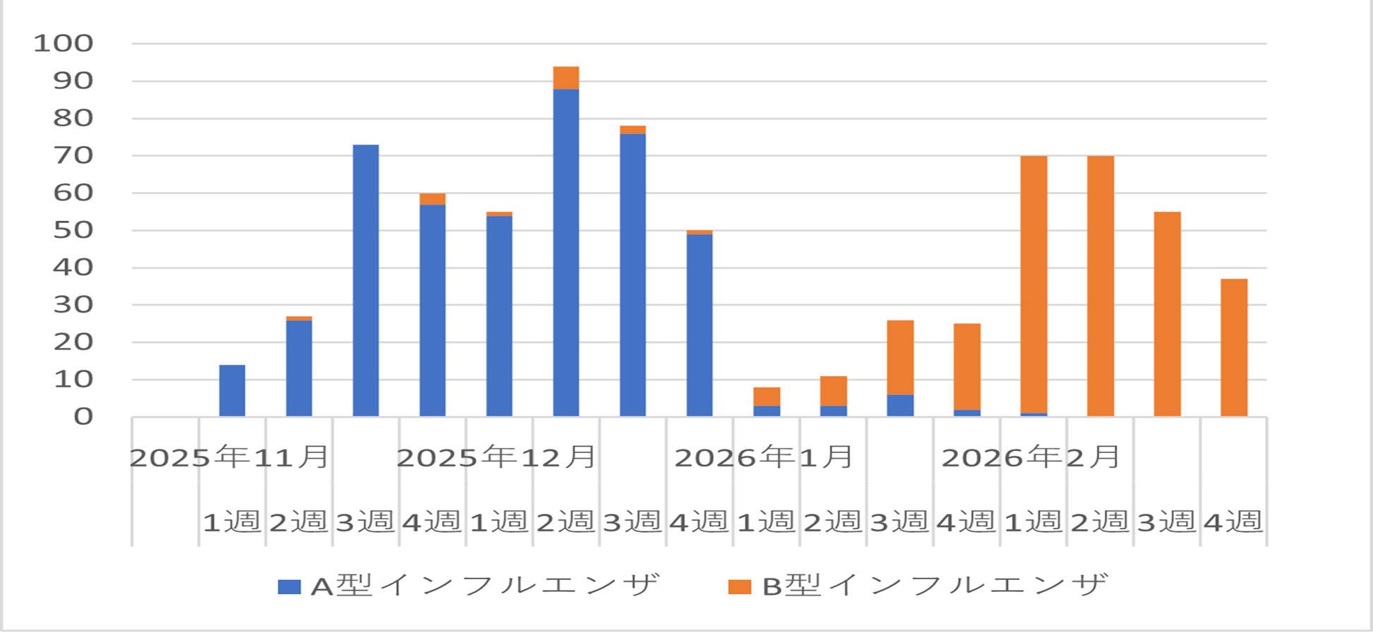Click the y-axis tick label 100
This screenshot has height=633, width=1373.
coord(64,44)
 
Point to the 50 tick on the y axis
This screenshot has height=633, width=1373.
coord(73,231)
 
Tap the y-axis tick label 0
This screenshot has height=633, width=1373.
coord(83,417)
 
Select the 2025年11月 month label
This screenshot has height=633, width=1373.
coord(230,457)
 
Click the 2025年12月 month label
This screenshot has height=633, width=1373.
coord(497,457)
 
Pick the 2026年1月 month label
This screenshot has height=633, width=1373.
coord(764,457)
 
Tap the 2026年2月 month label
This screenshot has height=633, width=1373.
coord(1031,457)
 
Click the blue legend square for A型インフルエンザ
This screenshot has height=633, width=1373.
coord(289,586)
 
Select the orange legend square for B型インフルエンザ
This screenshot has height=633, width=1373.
coord(739,586)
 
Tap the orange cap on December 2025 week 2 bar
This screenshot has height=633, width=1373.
coord(566,78)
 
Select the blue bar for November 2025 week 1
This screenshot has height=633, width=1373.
coord(232,390)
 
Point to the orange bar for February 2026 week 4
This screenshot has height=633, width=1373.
coord(1234,347)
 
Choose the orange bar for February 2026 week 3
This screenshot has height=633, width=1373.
coord(1167,314)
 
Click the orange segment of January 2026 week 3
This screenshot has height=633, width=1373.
coord(900,357)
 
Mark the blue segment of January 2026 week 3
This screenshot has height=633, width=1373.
coord(900,406)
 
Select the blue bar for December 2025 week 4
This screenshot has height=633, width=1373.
coord(700,325)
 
